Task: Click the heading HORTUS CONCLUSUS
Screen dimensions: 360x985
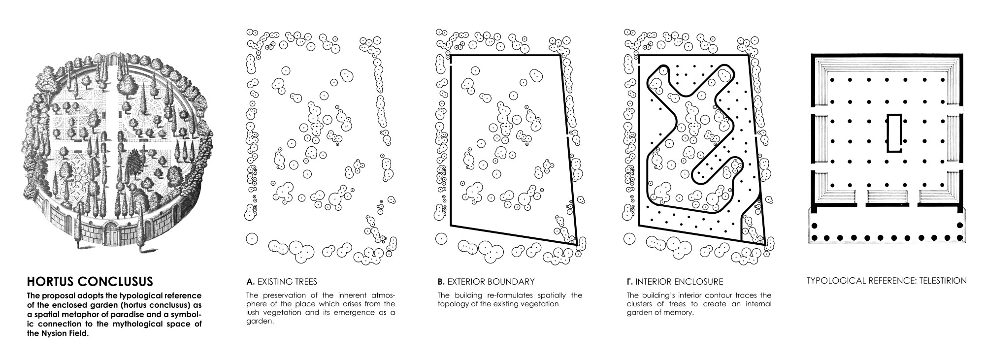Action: pyautogui.click(x=90, y=282)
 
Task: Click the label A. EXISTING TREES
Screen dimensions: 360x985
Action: pyautogui.click(x=282, y=282)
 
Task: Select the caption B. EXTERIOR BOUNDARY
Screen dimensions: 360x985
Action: pyautogui.click(x=486, y=282)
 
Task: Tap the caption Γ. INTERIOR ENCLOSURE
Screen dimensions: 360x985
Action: pyautogui.click(x=675, y=282)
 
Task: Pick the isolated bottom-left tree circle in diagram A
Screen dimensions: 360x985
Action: pyautogui.click(x=252, y=238)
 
